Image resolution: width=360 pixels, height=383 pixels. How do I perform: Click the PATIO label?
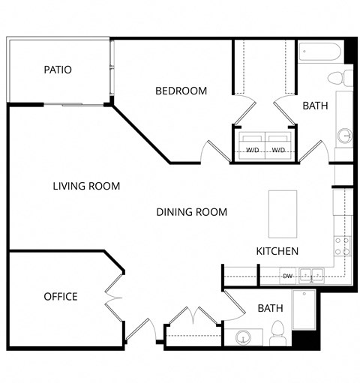coord(58,70)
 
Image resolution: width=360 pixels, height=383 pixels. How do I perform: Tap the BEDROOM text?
coord(181,91)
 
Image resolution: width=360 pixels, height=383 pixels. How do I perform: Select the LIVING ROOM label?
coord(87,186)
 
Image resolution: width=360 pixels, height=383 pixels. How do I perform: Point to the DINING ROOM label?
coord(191,212)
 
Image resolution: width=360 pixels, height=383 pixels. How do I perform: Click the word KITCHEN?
coord(277,251)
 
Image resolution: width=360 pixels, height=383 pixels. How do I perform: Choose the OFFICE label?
coord(60,297)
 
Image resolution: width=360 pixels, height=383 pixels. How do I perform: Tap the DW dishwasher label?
coord(287,276)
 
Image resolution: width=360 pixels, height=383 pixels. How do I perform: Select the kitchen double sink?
coord(311,275)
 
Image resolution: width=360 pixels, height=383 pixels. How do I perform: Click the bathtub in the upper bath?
coord(321,54)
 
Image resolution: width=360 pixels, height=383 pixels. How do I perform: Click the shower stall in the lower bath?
coord(304,311)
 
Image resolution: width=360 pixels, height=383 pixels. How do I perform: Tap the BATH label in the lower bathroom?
coord(270,308)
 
